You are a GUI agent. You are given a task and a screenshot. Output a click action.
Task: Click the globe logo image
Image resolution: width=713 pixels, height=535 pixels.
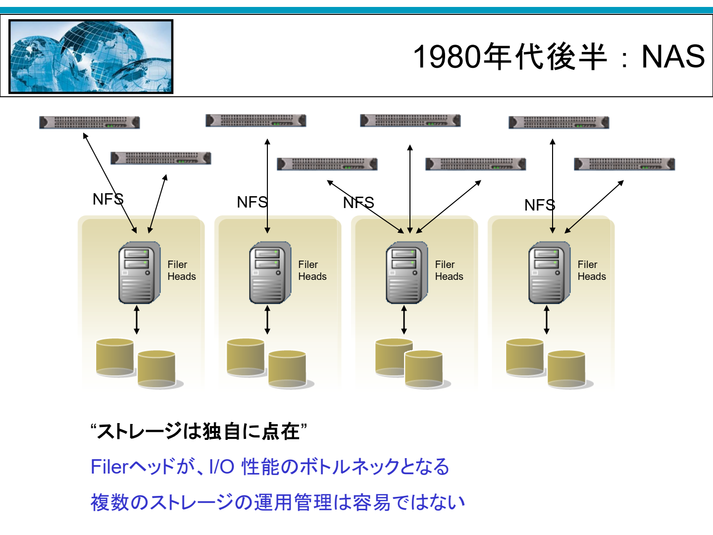[x=91, y=56]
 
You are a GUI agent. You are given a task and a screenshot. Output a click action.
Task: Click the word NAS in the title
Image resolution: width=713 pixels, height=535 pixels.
[x=673, y=57]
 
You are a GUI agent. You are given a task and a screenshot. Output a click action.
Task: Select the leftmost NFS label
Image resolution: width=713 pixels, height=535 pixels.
[x=108, y=199]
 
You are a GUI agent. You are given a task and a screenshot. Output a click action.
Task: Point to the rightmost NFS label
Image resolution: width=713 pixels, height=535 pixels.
[x=540, y=205]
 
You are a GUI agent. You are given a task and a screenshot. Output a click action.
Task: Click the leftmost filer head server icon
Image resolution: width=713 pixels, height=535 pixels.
[x=139, y=272]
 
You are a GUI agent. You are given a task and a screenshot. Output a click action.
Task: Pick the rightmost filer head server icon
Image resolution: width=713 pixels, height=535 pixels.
[x=549, y=272]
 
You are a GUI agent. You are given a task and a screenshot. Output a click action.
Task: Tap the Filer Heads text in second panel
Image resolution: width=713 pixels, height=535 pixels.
[x=312, y=270]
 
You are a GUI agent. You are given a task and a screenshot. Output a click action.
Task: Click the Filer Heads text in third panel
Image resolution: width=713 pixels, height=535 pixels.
[x=449, y=270]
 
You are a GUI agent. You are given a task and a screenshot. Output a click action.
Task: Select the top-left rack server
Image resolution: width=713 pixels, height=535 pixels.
[x=90, y=122]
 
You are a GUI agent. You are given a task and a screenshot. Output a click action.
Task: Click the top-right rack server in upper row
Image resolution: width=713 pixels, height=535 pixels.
[x=559, y=122]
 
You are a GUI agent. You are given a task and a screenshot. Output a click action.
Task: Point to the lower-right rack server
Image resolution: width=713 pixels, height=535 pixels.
[x=624, y=164]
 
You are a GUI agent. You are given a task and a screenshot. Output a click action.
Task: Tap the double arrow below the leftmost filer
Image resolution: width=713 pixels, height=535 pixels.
[x=137, y=320]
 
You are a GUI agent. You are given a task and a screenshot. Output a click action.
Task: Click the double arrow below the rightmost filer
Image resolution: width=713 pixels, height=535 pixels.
[x=547, y=320]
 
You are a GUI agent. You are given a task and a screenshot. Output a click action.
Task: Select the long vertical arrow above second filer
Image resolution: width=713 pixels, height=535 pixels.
[x=267, y=186]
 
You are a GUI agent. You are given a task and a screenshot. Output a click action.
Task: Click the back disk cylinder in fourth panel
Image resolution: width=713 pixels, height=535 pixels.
[x=524, y=357]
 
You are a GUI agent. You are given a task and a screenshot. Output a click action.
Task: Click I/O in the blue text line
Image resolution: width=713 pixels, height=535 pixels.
[x=222, y=467]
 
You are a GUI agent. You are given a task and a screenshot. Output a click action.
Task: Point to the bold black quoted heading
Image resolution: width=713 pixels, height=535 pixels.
[x=199, y=431]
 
